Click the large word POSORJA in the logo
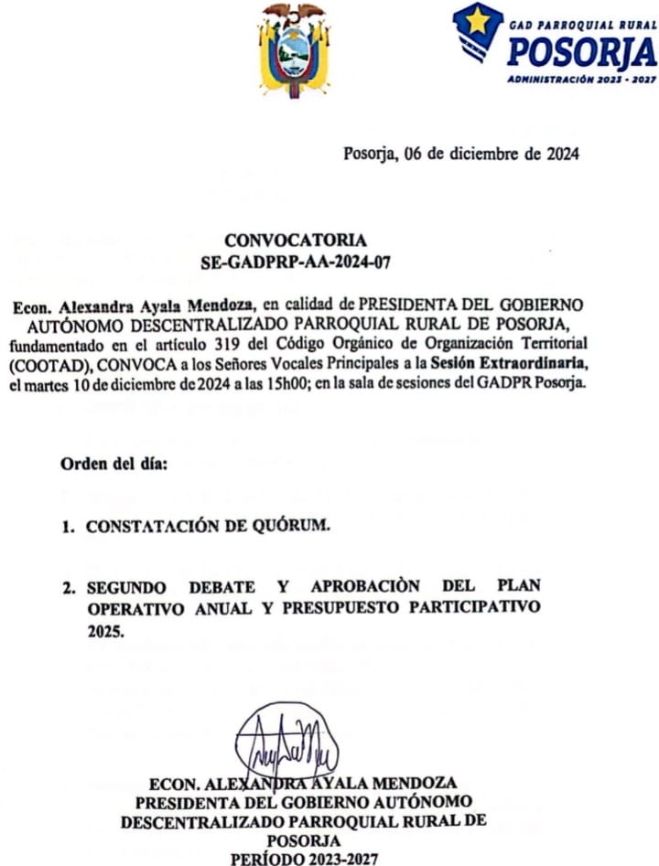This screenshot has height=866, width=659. coord(582,54)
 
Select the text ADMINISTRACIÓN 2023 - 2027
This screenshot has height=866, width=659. coord(581,80)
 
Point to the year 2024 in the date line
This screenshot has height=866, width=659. coord(560,154)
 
